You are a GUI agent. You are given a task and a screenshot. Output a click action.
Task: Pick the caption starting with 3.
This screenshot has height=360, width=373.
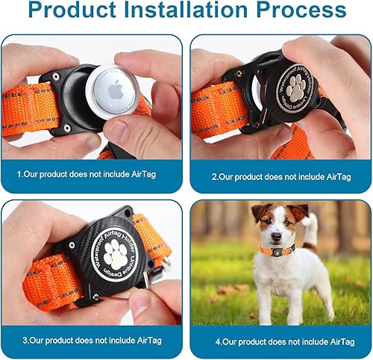click(x=93, y=339)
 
